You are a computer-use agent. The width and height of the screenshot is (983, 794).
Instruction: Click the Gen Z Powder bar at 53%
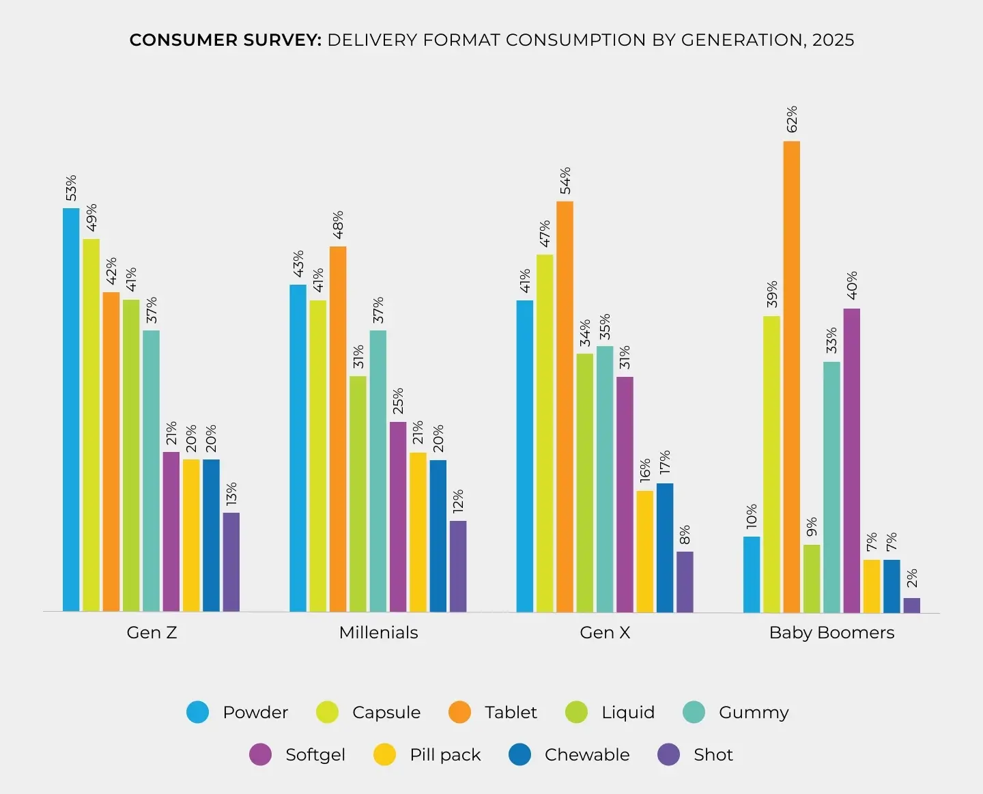(71, 410)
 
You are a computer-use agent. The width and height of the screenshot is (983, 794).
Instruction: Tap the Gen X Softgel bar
(625, 494)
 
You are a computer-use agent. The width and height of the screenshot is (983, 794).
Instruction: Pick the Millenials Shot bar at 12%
(458, 567)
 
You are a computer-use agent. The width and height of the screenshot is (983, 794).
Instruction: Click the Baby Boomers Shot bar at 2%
(911, 606)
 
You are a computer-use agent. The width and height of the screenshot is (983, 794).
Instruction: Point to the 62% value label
(792, 119)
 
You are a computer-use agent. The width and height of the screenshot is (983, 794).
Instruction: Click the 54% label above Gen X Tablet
(565, 180)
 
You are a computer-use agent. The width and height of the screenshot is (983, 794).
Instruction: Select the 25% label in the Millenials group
(398, 401)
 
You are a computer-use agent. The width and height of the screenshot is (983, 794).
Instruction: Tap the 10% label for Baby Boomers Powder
(752, 517)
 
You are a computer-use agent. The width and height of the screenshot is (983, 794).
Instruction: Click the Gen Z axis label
(152, 633)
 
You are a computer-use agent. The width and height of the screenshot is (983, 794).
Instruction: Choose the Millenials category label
(378, 633)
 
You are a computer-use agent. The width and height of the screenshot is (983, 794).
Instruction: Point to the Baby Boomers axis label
(831, 633)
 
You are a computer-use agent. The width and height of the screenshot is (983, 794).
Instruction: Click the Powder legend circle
(198, 712)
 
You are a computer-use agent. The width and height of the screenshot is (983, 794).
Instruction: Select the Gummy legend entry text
(754, 713)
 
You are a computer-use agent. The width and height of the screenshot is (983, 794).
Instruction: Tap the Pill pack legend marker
(385, 754)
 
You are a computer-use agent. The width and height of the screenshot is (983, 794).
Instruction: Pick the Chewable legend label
(587, 755)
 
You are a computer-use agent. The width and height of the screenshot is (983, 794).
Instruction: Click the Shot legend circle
(669, 754)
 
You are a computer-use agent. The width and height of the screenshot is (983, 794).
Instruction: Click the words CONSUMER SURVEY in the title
(225, 40)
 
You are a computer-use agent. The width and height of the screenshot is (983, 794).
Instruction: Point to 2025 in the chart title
(833, 40)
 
